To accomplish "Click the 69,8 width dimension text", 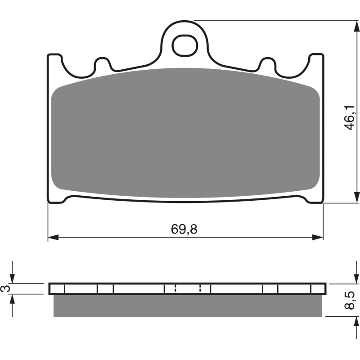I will [184, 229].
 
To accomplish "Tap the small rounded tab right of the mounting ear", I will [267, 64].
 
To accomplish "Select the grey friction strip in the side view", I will [188, 306].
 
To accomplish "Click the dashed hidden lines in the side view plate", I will [188, 288].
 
